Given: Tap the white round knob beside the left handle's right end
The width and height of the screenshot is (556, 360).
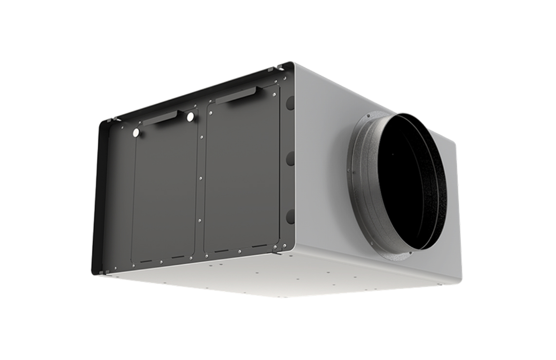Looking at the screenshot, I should (x=190, y=117).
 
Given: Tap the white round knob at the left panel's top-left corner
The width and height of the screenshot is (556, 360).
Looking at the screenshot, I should (x=136, y=132).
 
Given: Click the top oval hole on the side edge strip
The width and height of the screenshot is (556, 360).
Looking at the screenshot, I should (x=290, y=103).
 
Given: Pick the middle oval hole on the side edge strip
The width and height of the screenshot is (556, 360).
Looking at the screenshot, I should (x=290, y=159).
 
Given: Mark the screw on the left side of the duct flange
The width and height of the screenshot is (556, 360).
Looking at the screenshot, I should (x=349, y=170).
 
